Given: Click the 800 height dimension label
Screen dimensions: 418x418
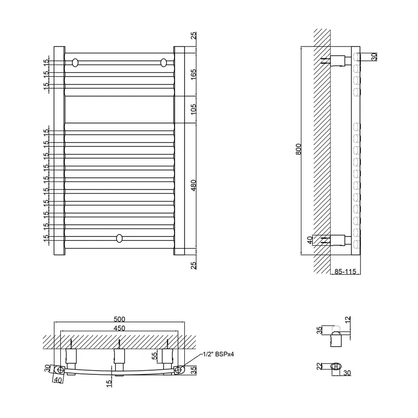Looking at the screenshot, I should tap(299, 149).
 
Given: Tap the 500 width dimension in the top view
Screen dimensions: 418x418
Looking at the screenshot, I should tap(120, 320).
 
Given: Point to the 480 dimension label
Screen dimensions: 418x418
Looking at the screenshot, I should tap(194, 186).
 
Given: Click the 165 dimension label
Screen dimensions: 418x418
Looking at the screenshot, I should tap(194, 74).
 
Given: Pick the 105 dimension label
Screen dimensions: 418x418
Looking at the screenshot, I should tap(194, 110).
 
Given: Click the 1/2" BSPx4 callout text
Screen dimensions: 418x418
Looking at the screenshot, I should tap(217, 354).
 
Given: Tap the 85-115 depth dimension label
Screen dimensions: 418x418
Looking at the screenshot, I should tap(345, 272).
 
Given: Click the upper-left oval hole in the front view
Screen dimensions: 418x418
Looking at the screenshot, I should tap(75, 62).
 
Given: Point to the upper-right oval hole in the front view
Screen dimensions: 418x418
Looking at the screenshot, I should tap(163, 62).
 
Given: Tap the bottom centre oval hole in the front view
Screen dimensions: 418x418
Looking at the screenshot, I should tap(119, 239).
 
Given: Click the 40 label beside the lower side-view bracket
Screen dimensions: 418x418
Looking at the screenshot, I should tap(310, 240).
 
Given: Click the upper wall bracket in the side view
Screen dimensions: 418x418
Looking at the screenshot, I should tap(340, 60).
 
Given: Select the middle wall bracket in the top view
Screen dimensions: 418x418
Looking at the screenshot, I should tap(120, 357).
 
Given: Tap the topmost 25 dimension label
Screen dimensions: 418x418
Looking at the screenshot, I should tap(194, 36).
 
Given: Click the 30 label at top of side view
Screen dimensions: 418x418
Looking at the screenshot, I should tap(374, 57).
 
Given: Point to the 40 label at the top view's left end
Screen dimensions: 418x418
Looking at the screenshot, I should tap(58, 379).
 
